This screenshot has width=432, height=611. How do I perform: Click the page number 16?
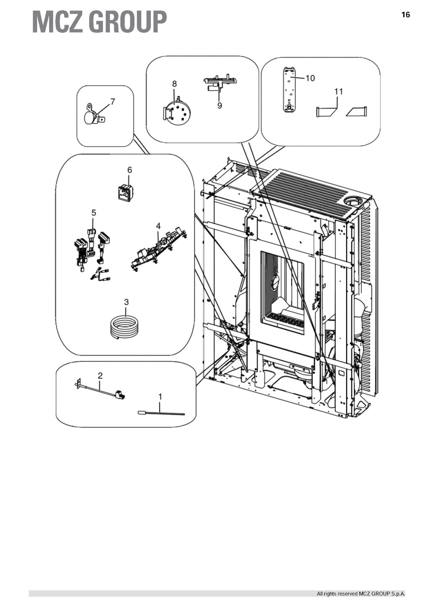[x=405, y=15]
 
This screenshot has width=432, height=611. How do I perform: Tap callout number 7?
[x=113, y=101]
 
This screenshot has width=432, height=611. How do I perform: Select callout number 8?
[x=174, y=84]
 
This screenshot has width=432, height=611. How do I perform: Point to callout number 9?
[x=219, y=105]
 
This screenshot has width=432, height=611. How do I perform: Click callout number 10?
[x=310, y=78]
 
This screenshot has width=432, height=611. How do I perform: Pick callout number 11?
[x=339, y=91]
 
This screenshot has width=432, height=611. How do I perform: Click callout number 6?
[x=130, y=169]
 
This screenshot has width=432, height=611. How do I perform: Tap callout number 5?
[x=94, y=212]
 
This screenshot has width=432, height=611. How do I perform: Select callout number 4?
[x=158, y=226]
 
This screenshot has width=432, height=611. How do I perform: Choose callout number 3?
[x=126, y=302]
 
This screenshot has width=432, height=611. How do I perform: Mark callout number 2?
[x=100, y=375]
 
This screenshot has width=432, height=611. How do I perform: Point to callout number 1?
[x=160, y=397]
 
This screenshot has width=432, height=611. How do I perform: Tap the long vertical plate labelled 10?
[x=288, y=90]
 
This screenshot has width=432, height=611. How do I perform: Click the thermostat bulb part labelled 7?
[x=91, y=117]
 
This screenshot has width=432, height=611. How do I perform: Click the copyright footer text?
[x=361, y=594]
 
